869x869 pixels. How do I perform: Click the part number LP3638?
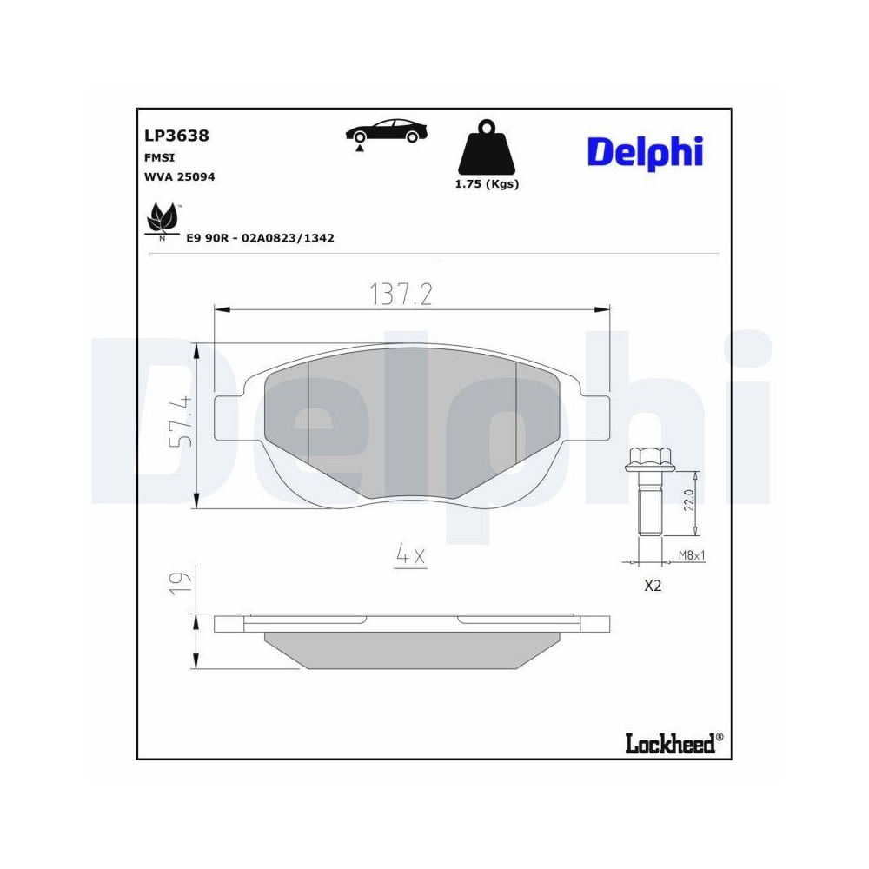(x=176, y=136)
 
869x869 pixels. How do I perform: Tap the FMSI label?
(x=158, y=157)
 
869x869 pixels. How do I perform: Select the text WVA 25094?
(x=179, y=176)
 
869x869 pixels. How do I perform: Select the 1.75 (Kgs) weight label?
(x=487, y=184)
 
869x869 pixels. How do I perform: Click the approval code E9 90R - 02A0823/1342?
(x=261, y=237)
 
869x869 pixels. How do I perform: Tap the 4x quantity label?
(x=411, y=554)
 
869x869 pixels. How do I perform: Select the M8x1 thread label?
(x=691, y=555)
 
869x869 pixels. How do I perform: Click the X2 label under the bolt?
(x=652, y=587)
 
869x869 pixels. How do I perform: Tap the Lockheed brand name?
(x=669, y=742)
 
